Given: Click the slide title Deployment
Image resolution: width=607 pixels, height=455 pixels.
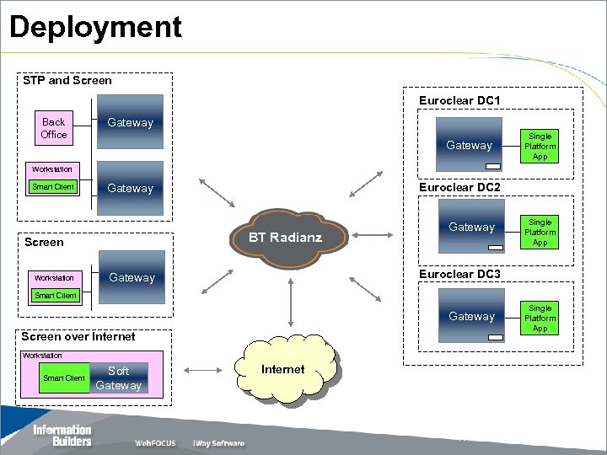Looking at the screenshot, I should click(x=95, y=27).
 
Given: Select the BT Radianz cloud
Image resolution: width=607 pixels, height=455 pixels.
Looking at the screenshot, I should click(x=285, y=238).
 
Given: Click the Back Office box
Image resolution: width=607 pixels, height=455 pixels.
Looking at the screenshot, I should click(x=53, y=128).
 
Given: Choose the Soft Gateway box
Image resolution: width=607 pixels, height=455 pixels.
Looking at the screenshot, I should click(x=119, y=378).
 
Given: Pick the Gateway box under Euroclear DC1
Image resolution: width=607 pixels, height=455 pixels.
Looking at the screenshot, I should click(x=470, y=145).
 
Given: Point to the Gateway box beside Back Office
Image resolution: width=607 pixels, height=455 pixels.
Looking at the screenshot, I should click(x=130, y=123).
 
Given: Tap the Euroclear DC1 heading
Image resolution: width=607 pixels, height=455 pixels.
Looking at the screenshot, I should click(x=459, y=100).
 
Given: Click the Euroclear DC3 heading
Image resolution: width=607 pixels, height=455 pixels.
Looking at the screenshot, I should click(x=459, y=275).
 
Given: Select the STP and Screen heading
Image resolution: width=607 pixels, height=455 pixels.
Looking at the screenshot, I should click(x=67, y=81).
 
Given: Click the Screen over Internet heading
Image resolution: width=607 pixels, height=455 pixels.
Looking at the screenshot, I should click(x=78, y=336).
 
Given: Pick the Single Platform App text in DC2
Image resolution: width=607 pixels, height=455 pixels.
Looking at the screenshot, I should click(x=540, y=232).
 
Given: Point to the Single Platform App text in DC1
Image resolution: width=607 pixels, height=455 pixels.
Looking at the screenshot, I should click(x=540, y=146).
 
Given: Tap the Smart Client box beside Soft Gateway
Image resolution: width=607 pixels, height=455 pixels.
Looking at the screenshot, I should click(x=64, y=378).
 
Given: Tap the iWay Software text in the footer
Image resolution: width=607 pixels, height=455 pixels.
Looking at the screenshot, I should click(x=218, y=443).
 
